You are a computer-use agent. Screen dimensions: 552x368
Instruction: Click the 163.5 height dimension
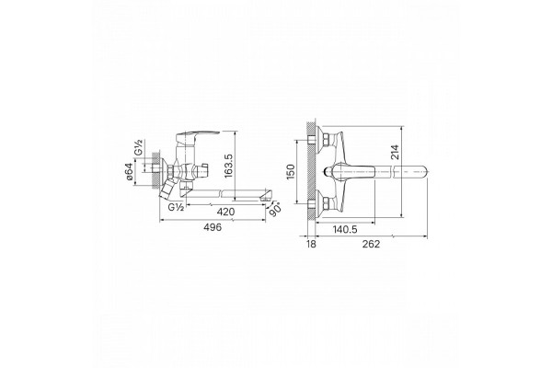[228, 166]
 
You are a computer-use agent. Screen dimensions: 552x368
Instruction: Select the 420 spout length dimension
[225, 212]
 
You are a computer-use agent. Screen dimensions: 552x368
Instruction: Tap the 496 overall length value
[213, 227]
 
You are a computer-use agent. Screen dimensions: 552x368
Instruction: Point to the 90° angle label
[275, 211]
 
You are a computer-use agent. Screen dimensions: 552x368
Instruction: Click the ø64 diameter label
[129, 172]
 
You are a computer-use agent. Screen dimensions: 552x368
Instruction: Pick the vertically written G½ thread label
[139, 147]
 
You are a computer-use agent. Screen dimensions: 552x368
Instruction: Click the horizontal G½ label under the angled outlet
[176, 207]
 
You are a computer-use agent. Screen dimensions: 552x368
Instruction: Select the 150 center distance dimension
[291, 172]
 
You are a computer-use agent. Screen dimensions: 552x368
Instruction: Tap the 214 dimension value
[395, 152]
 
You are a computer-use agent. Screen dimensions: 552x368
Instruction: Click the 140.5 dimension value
[345, 230]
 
